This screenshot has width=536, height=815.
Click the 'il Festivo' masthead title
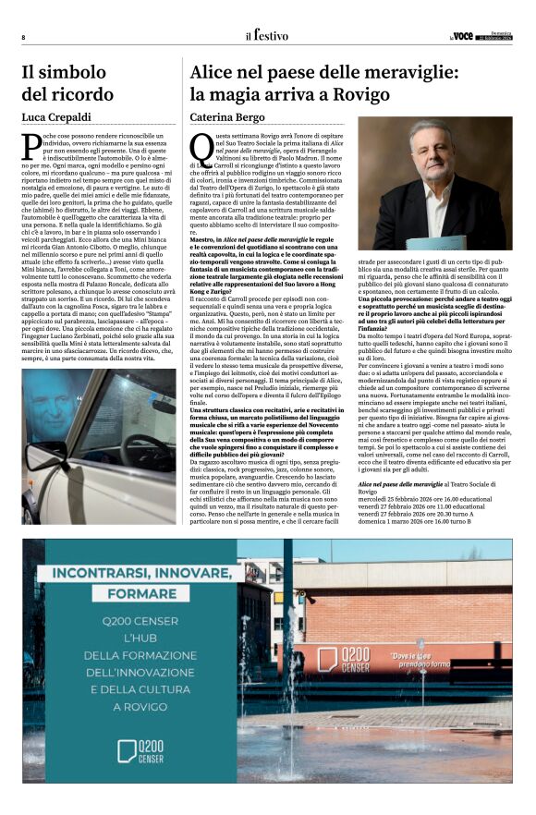coord(266,35)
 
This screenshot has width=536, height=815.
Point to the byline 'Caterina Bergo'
coord(225,117)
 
